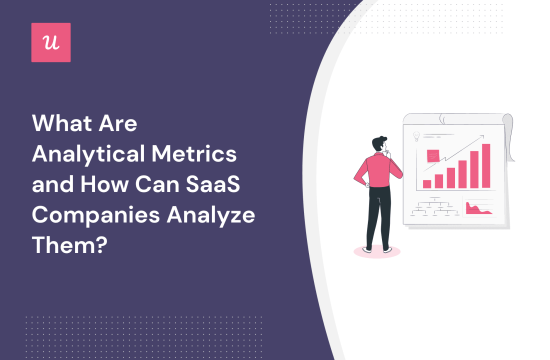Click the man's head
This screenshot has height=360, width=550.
371,139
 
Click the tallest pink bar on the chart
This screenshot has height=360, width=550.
487,166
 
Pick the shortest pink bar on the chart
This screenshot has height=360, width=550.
427,184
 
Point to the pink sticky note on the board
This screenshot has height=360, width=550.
434,155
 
